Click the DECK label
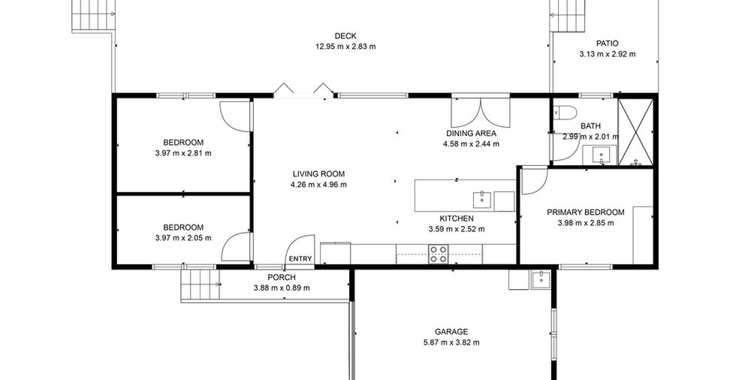coord(345,35)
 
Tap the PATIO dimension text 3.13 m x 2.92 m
coord(608,54)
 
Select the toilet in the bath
coord(564,112)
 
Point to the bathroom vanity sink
coord(600,155)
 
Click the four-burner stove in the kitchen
coord(439,254)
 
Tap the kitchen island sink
coord(481,199)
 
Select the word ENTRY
coord(300,258)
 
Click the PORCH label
coord(282,277)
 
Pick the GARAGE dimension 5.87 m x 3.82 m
coord(451,342)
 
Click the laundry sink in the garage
coord(541,279)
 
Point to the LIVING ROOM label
coord(318,173)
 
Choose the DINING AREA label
coord(471,133)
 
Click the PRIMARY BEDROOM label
coord(586,212)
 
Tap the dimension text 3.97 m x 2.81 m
coord(183,153)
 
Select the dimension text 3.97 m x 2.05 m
coord(183,238)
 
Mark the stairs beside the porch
coord(200,285)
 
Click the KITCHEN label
coord(457,219)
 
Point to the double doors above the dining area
coord(481,113)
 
